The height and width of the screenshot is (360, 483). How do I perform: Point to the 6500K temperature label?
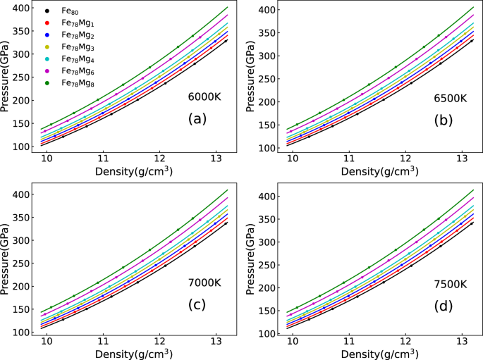click(x=450, y=98)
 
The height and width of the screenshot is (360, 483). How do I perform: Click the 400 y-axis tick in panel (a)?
click(x=23, y=8)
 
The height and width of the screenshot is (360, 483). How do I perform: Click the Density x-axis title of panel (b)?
click(x=376, y=171)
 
